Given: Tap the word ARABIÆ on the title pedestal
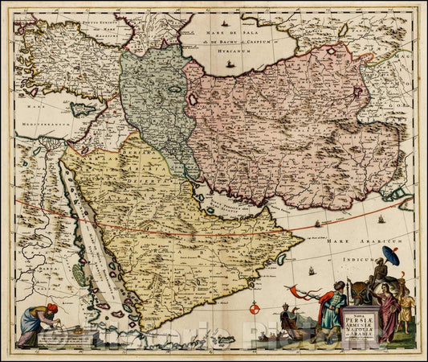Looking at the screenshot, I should pyautogui.click(x=360, y=330).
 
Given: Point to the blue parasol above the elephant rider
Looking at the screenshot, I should pyautogui.click(x=391, y=256).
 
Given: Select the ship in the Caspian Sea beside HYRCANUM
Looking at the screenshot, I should pyautogui.click(x=231, y=62).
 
